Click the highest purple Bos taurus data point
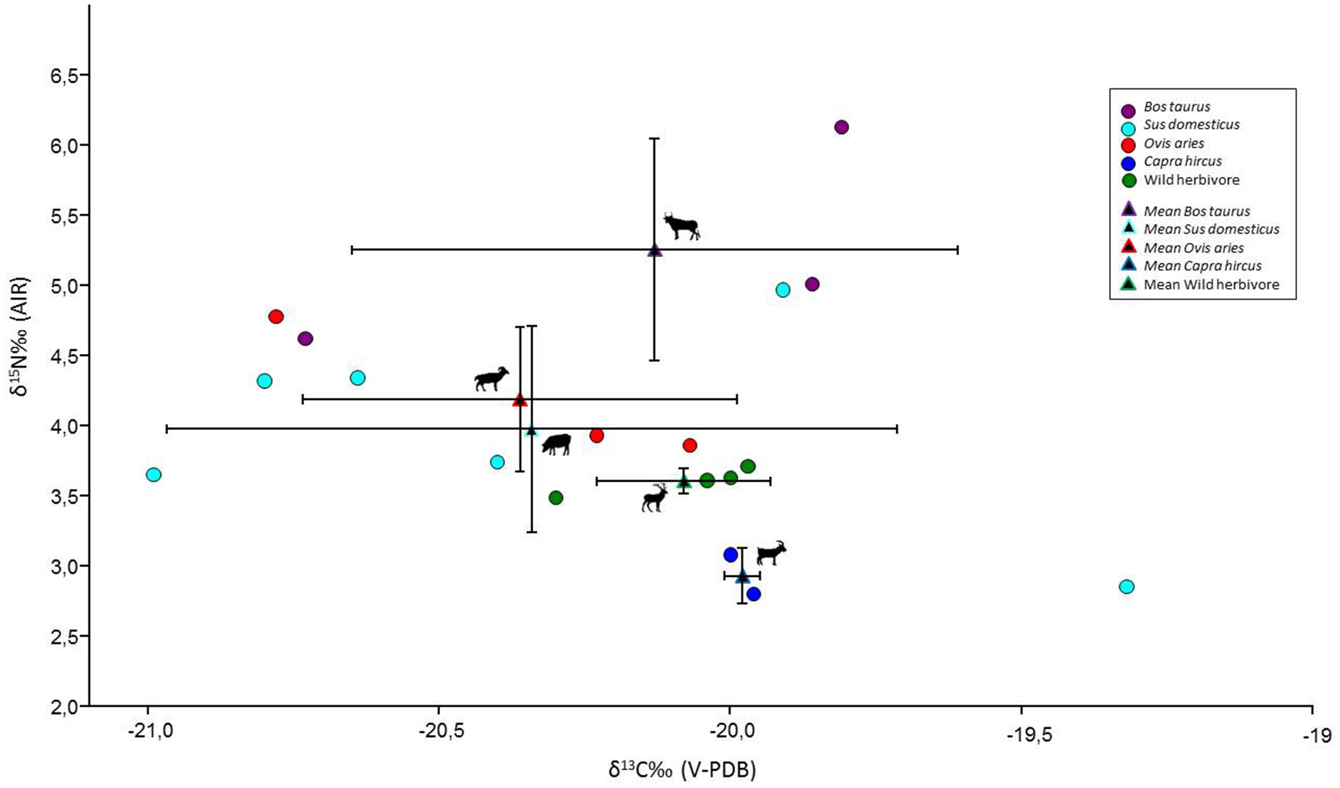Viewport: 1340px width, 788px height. tap(841, 127)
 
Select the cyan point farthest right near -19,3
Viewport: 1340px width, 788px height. tap(1126, 587)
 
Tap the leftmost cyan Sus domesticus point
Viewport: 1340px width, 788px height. tap(154, 475)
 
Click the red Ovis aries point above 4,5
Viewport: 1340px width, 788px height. tap(276, 317)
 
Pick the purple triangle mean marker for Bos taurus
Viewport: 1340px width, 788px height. tap(655, 250)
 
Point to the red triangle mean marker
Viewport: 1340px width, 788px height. tap(520, 399)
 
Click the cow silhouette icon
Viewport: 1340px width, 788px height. tap(681, 226)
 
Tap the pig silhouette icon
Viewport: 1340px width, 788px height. tap(557, 444)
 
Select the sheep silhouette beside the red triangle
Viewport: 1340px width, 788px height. tap(492, 379)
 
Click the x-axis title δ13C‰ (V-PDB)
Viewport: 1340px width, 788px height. tap(682, 770)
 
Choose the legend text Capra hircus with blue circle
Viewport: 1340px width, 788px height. tap(1183, 161)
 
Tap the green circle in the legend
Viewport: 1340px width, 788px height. tap(1128, 181)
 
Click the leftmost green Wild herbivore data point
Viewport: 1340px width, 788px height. tap(556, 498)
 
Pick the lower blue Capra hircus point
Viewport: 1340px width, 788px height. tap(753, 594)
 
